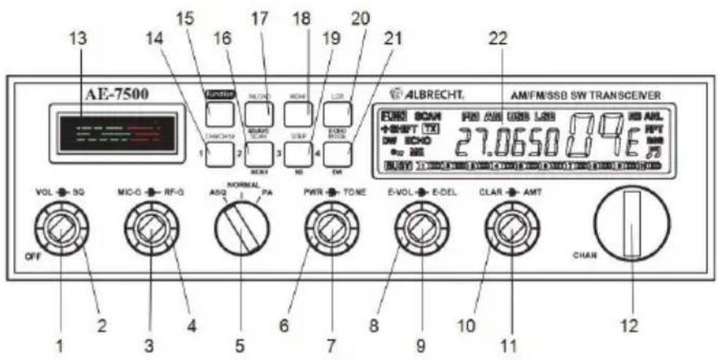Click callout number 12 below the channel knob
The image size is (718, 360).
pos(631,324)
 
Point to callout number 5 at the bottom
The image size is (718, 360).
pos(239,344)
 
